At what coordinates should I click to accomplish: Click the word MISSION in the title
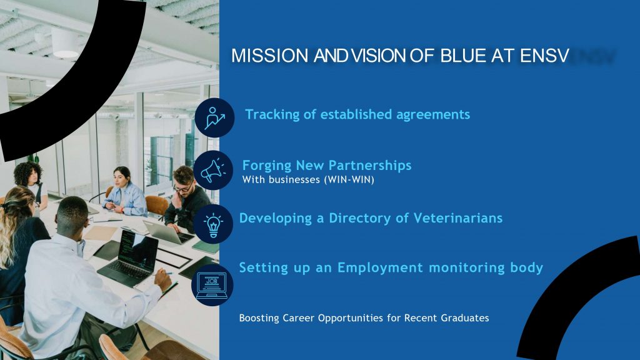pyautogui.click(x=269, y=56)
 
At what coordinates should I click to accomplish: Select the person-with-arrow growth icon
pyautogui.click(x=214, y=117)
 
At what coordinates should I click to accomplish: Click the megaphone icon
pyautogui.click(x=213, y=170)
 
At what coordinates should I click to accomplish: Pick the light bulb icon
pyautogui.click(x=213, y=224)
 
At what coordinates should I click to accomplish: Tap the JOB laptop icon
pyautogui.click(x=211, y=285)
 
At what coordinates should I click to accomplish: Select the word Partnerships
pyautogui.click(x=370, y=165)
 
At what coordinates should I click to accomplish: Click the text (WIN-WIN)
pyautogui.click(x=349, y=179)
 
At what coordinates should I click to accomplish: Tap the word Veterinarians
pyautogui.click(x=458, y=218)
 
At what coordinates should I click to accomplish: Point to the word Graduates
pyautogui.click(x=465, y=318)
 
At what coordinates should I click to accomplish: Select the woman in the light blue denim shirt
pyautogui.click(x=124, y=192)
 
